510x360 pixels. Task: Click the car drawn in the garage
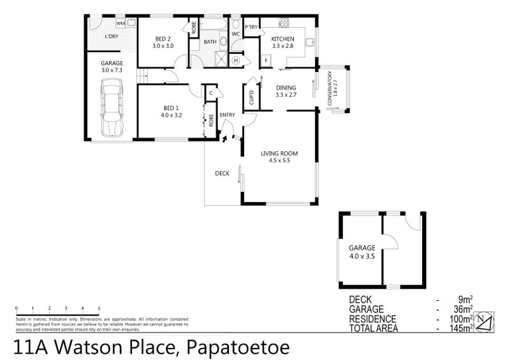(x=112, y=113)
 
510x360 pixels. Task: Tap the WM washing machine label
(x=120, y=23)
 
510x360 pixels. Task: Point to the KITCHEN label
(x=282, y=40)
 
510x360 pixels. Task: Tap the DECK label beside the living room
(x=222, y=173)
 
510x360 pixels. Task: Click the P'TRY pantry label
(x=251, y=27)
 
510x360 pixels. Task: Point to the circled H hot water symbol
(x=235, y=61)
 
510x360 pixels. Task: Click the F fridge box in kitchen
(x=266, y=61)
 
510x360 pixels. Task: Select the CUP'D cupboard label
(x=251, y=99)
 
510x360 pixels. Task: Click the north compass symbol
(x=484, y=320)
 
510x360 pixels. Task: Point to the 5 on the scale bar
(x=99, y=308)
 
